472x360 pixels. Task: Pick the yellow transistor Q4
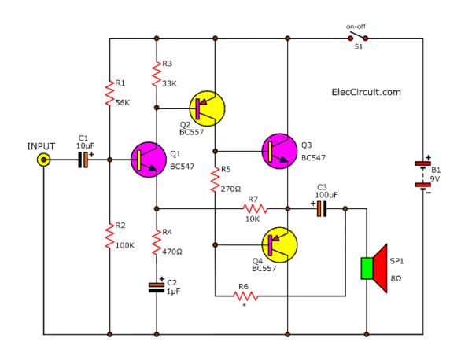279,244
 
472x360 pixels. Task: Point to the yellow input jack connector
43,160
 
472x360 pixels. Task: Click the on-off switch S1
357,38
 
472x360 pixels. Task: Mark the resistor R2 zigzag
109,233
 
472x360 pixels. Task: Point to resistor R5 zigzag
214,179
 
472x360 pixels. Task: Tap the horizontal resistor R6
245,296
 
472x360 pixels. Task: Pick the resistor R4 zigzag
157,241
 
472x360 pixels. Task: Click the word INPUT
42,146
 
